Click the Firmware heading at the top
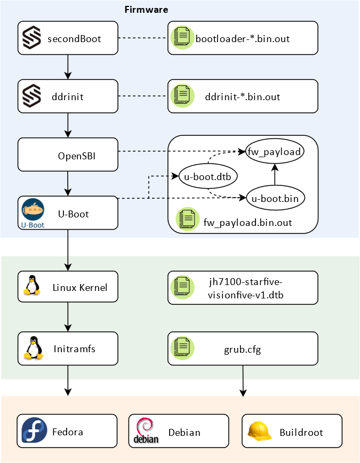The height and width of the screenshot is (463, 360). click(x=146, y=10)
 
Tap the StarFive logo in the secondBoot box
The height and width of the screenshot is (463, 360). click(x=31, y=37)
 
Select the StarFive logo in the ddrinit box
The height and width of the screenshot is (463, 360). click(x=31, y=96)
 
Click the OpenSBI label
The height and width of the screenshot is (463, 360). click(x=77, y=156)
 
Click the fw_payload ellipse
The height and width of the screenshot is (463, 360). click(x=275, y=151)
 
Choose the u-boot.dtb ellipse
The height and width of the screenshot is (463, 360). click(x=208, y=176)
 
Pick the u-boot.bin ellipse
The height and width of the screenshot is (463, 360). click(x=275, y=198)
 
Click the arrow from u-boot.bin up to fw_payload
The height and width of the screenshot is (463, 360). click(x=275, y=175)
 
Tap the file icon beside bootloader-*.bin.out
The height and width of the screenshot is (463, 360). click(x=182, y=37)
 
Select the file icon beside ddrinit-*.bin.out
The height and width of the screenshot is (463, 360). click(x=182, y=96)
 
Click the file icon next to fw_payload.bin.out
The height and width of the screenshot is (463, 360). click(x=187, y=219)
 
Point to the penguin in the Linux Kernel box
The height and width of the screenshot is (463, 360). click(x=32, y=285)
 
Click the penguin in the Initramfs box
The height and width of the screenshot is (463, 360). click(x=33, y=348)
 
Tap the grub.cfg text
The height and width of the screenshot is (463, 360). click(x=242, y=350)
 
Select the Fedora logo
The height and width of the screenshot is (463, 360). click(x=34, y=430)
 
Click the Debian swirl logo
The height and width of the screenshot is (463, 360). click(x=146, y=431)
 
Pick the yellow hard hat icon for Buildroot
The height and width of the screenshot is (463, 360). click(x=259, y=431)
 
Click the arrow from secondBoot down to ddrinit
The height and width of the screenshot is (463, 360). click(x=68, y=67)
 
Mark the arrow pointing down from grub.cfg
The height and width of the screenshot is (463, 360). click(x=243, y=381)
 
